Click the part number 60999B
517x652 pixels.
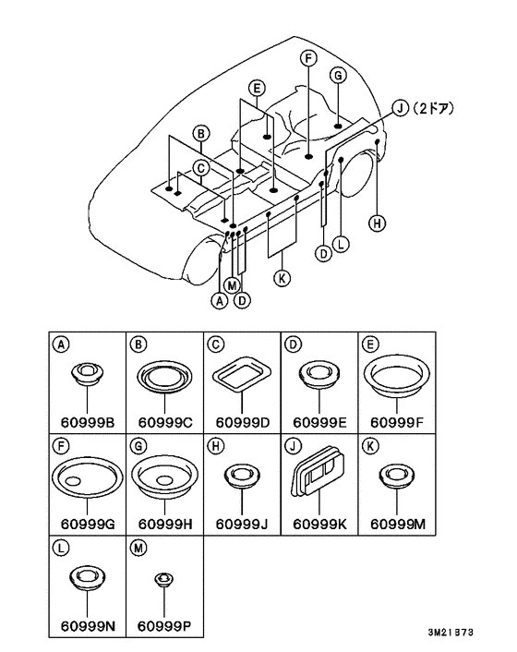[88, 422]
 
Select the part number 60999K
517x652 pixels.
[319, 525]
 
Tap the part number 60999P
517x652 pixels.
[164, 626]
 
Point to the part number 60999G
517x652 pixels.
[88, 525]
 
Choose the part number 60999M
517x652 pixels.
[398, 525]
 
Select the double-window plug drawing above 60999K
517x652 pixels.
[319, 471]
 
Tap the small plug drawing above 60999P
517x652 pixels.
[164, 579]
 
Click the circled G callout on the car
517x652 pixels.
[338, 76]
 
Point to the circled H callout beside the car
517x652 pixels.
[377, 223]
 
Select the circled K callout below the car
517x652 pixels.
[283, 278]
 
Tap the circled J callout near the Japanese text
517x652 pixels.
[401, 109]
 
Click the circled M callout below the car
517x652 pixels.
[232, 285]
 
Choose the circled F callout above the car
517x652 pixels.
[308, 58]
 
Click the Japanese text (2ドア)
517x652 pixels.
[433, 109]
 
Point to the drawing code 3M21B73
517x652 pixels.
[451, 632]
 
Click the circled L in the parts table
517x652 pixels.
[61, 548]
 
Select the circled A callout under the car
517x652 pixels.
[220, 300]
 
